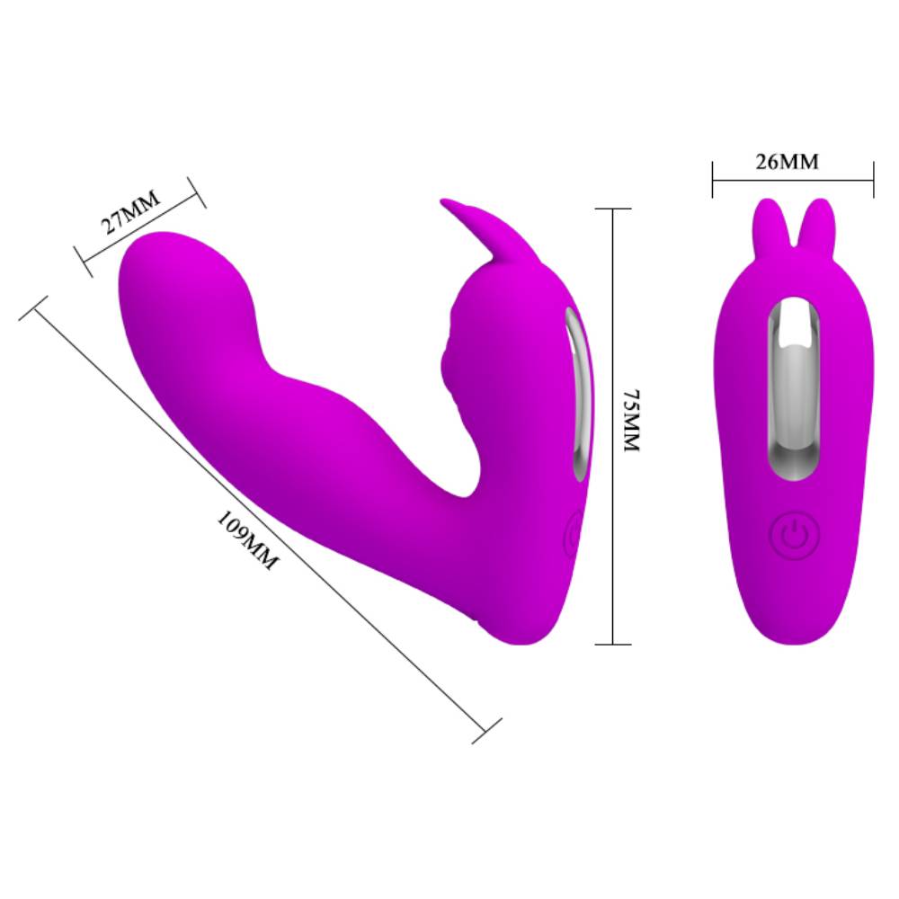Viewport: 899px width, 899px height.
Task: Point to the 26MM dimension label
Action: tap(788, 162)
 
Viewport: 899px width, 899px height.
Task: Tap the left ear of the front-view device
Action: tap(770, 220)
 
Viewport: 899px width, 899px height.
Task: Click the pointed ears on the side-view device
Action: tap(472, 229)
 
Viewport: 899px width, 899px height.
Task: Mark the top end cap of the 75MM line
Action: tap(612, 209)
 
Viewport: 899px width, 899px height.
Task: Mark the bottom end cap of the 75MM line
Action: tap(612, 644)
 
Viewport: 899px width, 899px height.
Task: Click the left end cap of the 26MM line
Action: tap(713, 181)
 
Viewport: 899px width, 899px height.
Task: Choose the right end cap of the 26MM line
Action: tap(873, 181)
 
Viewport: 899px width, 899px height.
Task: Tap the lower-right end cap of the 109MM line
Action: tap(486, 730)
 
